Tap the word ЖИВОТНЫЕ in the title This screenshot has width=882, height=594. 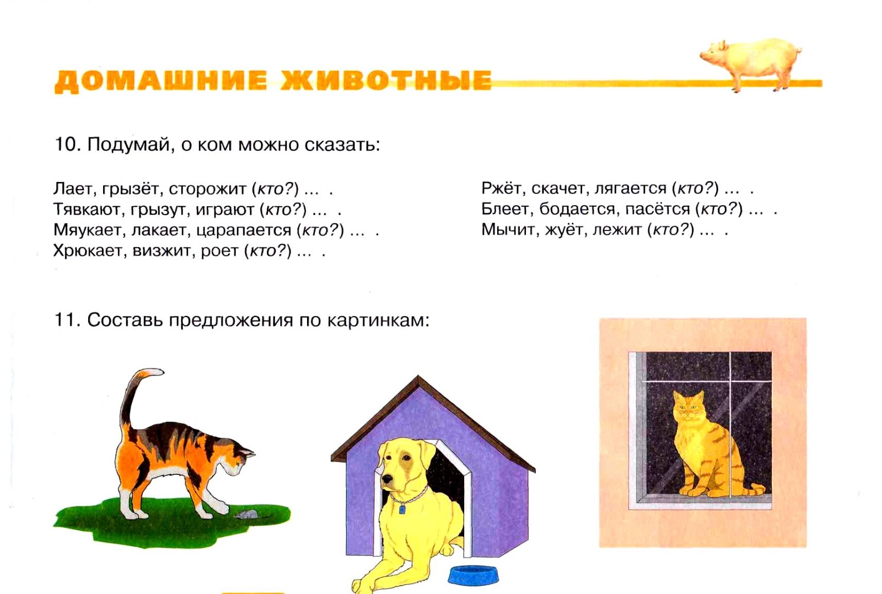tap(385, 81)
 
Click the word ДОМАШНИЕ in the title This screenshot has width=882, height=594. tap(160, 81)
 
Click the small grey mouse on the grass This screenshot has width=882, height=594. tap(246, 514)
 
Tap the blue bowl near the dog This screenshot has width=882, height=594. tap(474, 575)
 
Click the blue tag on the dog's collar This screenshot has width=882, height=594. tap(402, 509)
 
